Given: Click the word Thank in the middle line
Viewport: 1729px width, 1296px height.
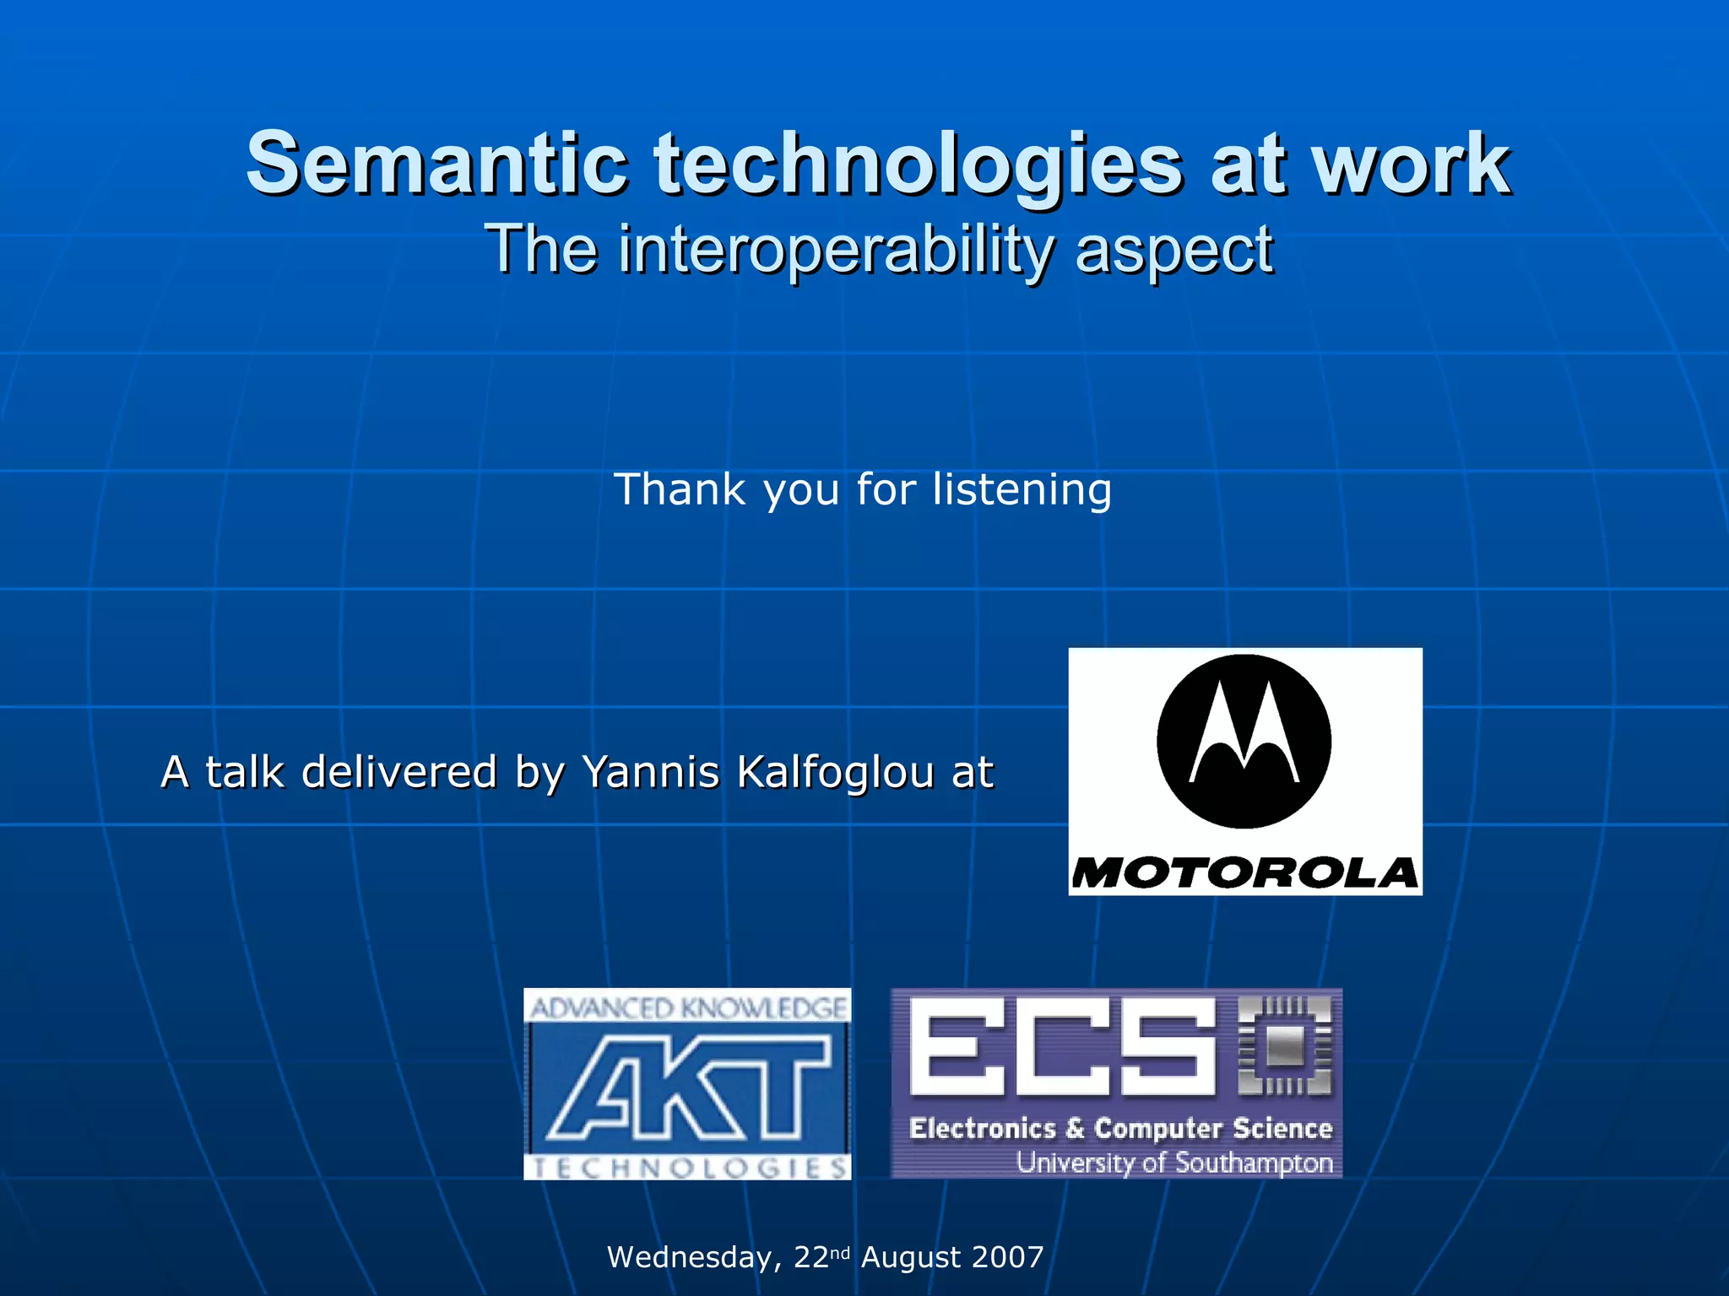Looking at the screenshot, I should coord(680,489).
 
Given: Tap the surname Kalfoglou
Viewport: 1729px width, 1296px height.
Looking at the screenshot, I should coord(835,772).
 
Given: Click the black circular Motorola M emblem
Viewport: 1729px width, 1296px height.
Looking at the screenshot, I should coord(1244,741).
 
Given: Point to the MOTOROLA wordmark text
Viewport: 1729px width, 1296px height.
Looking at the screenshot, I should coord(1244,873).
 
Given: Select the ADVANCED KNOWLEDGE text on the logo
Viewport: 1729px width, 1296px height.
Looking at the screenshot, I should coord(687,1007).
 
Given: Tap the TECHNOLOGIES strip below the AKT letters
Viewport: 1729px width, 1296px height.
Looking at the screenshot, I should coord(687,1168).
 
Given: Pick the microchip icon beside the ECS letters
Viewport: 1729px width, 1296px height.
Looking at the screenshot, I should coord(1285,1046).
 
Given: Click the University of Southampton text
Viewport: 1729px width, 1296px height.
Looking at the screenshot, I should coord(1173,1163).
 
